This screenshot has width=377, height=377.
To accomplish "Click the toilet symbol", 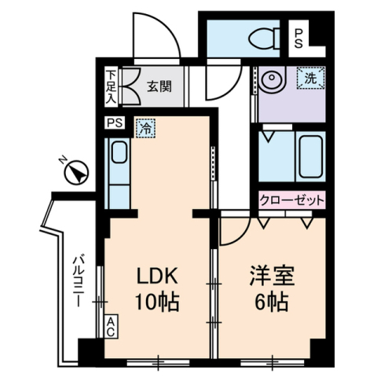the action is (x=264, y=39).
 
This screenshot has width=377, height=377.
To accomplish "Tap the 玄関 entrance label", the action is (x=159, y=86).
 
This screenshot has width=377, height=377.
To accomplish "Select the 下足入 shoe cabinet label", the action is (x=112, y=87).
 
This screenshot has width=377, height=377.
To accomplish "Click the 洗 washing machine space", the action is (x=311, y=78).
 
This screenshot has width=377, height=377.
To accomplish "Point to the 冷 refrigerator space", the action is (x=145, y=128).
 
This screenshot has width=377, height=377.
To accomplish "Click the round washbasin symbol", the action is (x=272, y=78).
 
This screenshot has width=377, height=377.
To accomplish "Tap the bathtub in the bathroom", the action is (x=311, y=156).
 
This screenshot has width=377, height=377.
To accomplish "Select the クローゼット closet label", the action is (x=291, y=200).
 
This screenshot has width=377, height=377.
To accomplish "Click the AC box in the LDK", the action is (x=111, y=326).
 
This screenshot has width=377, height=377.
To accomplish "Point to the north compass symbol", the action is (x=77, y=172).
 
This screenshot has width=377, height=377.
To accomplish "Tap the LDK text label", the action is (x=158, y=276).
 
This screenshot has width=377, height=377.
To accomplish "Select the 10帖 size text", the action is (x=157, y=302).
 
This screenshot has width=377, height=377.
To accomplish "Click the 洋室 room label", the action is (x=272, y=276).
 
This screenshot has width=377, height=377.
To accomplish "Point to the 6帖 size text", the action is (x=272, y=302).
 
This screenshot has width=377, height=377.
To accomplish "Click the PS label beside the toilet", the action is (x=298, y=38).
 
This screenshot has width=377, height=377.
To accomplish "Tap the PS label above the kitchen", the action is (x=115, y=123).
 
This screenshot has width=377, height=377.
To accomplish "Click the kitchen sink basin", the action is (x=119, y=152).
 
